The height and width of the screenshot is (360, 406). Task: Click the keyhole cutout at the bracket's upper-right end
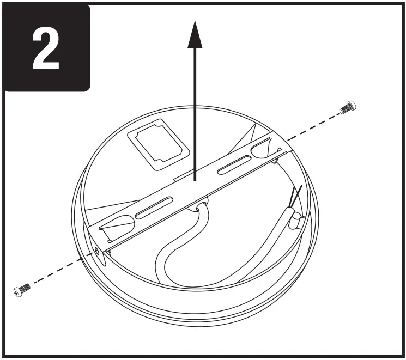[260, 146]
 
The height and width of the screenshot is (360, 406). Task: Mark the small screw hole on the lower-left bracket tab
[98, 250]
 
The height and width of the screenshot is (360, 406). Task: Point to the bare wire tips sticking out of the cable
[298, 196]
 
